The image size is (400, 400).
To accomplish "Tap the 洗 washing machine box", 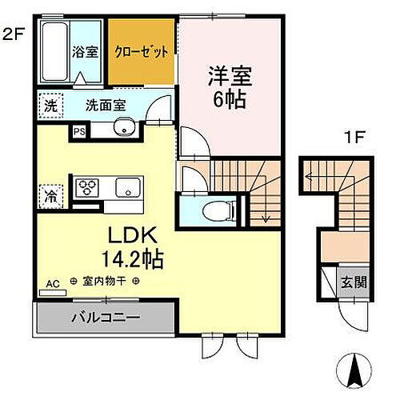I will click(x=50, y=104).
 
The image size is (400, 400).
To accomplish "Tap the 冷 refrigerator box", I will click(x=50, y=194).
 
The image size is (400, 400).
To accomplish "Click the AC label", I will click(x=54, y=282).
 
